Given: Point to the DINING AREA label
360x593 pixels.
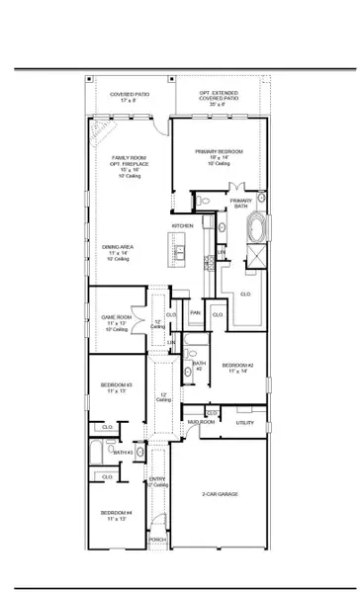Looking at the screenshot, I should tap(126, 247).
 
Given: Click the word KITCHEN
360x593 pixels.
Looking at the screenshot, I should tap(182, 226).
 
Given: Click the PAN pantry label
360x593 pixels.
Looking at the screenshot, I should tap(196, 313).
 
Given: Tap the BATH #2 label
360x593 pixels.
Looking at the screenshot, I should tap(199, 366).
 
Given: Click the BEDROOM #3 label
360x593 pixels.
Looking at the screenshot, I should tap(116, 384).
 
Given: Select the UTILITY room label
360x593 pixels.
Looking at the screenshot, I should tap(245, 422).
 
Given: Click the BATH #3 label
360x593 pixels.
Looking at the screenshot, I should tap(123, 453).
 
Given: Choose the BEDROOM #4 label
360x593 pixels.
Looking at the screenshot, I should tap(115, 513).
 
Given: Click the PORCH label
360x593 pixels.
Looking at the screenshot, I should tap(156, 540).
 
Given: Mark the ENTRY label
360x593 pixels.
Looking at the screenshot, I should tap(155, 480).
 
